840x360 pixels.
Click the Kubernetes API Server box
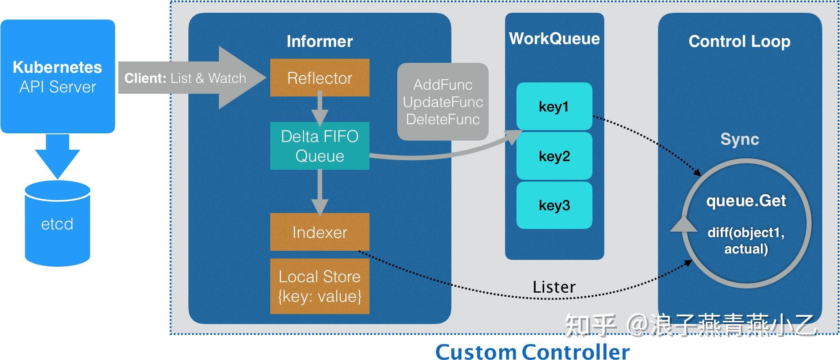point(58,76)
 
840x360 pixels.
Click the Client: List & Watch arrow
point(191,78)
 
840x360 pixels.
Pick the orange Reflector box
point(319,78)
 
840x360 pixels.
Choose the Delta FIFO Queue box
point(319,146)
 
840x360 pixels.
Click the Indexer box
point(319,232)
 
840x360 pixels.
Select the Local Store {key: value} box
point(319,286)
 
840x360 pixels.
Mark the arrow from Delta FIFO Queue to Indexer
point(319,192)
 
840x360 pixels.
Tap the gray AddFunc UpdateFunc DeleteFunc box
point(443,102)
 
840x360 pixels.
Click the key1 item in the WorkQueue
point(554,106)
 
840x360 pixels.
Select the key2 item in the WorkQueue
point(554,156)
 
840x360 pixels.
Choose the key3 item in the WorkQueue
point(554,205)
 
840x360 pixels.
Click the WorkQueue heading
point(554,39)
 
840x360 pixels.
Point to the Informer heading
point(319,41)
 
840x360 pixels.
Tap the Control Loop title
point(739,41)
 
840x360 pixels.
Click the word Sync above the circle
point(739,139)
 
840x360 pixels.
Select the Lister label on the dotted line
point(554,287)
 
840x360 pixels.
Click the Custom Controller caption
point(532,352)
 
